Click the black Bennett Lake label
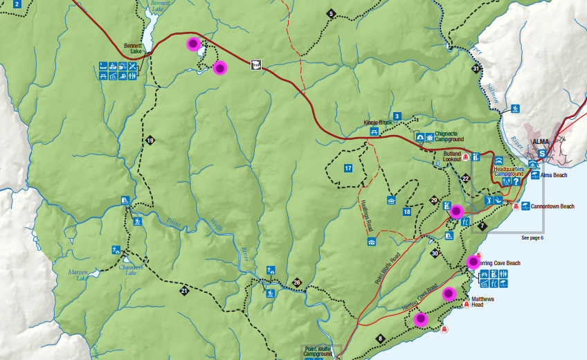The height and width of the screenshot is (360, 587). click(132, 48)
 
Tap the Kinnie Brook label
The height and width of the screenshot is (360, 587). click(377, 123)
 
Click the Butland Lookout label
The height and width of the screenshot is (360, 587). click(452, 156)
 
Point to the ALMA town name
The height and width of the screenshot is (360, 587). click(540, 141)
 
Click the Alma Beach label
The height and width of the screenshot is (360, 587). click(554, 175)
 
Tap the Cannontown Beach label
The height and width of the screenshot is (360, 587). click(552, 206)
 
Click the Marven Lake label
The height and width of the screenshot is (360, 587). click(79, 275)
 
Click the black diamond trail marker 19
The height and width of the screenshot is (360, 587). click(150, 141)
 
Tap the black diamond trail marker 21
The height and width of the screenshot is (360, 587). click(185, 291)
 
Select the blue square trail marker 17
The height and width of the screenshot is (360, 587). click(348, 168)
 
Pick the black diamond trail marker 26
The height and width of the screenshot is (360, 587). click(297, 282)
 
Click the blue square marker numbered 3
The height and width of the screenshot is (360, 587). click(397, 116)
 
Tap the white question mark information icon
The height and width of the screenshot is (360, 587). click(516, 181)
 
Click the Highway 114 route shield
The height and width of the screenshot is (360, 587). click(256, 65)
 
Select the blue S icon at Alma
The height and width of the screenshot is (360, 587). click(542, 153)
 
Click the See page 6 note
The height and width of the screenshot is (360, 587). click(532, 237)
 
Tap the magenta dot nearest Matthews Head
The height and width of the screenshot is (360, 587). click(449, 293)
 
